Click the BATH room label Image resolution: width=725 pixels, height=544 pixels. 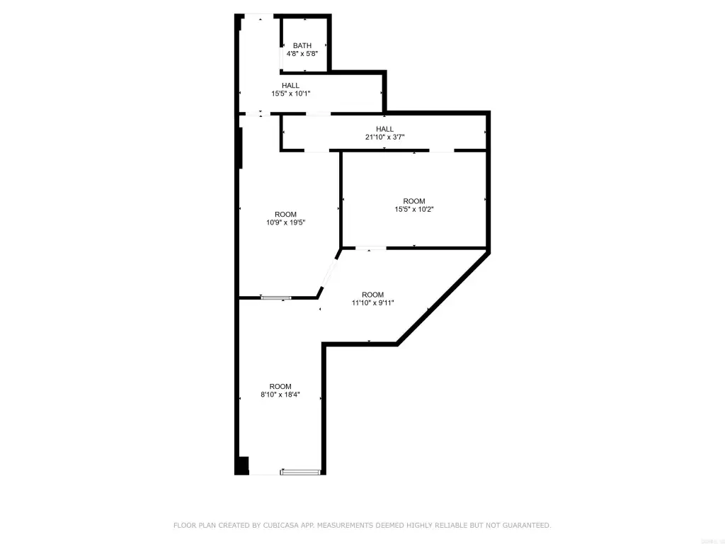302,45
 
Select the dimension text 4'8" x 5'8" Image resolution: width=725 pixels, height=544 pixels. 302,53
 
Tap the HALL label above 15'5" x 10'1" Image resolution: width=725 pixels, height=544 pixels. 290,85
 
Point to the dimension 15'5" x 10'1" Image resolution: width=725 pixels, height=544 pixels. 290,93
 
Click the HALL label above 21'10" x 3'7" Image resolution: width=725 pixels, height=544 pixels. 384,129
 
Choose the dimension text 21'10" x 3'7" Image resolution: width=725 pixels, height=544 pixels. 384,137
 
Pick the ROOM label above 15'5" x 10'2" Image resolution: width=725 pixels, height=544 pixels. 413,200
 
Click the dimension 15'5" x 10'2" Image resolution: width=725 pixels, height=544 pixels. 413,209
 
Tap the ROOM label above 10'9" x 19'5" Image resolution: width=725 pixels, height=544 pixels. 285,214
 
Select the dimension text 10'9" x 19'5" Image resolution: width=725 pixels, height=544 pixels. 285,222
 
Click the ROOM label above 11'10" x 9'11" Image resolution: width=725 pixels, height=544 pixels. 372,295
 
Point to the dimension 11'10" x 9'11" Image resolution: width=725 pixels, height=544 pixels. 372,302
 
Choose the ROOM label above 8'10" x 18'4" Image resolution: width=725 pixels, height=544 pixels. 280,386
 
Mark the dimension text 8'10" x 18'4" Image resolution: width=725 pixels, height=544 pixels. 280,394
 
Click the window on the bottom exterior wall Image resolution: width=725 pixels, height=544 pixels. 300,472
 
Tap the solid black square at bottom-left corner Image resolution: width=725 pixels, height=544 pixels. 242,465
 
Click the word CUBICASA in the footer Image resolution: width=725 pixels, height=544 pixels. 279,525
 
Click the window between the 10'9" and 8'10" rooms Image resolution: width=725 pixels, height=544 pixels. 276,297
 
